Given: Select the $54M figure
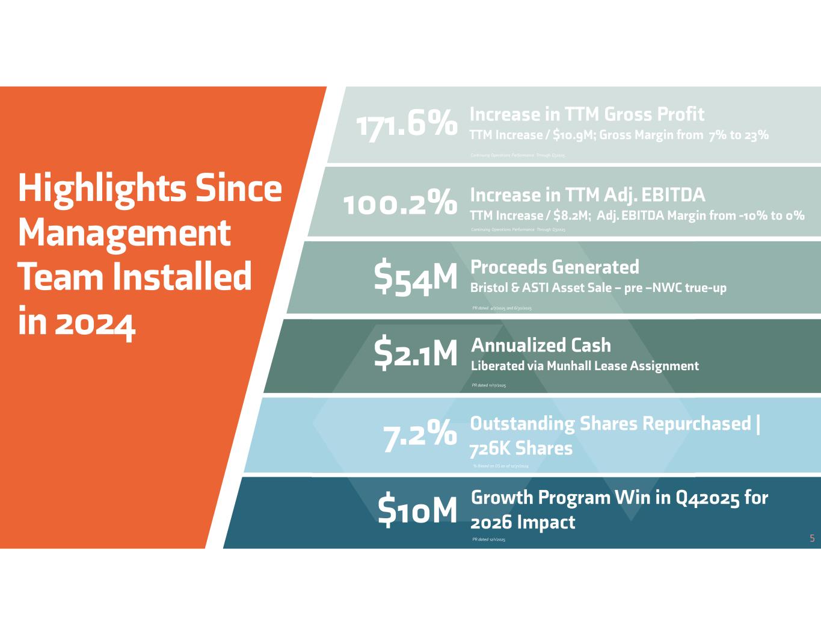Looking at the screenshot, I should point(416,278).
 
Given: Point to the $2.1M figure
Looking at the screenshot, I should point(416,353).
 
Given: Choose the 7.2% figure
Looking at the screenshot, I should point(419,434).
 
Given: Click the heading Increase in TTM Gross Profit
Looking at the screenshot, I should point(586,114).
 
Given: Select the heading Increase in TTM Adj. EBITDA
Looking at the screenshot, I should point(587,195).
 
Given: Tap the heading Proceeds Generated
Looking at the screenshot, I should point(555,267).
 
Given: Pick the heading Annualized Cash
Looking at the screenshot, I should point(541,345).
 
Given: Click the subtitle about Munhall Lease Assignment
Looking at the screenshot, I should point(585,366).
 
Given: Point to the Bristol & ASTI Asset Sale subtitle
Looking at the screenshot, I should point(598,288).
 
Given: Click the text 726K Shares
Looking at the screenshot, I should point(521,448).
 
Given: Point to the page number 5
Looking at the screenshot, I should point(812,539).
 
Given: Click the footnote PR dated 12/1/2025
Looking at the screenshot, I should point(489,540).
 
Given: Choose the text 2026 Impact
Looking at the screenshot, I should point(523,522).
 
